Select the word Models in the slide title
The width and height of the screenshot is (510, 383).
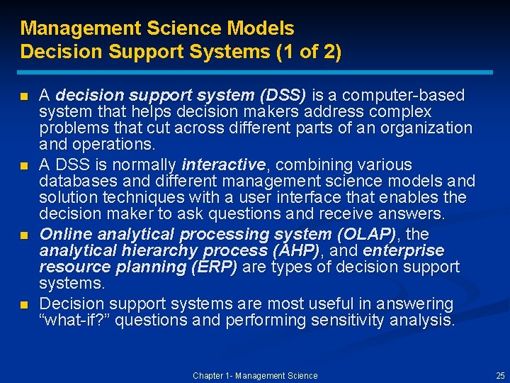(259, 28)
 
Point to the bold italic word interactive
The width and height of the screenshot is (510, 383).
(224, 165)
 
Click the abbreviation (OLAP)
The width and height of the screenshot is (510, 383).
(365, 234)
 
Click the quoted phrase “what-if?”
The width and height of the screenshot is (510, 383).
(75, 321)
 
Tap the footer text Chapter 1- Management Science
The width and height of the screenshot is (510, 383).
(255, 375)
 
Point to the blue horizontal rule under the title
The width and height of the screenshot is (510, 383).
(255, 72)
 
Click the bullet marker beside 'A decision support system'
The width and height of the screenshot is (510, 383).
(25, 96)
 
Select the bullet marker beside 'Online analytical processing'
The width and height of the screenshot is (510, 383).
(25, 235)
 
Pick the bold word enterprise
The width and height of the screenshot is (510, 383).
(404, 250)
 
